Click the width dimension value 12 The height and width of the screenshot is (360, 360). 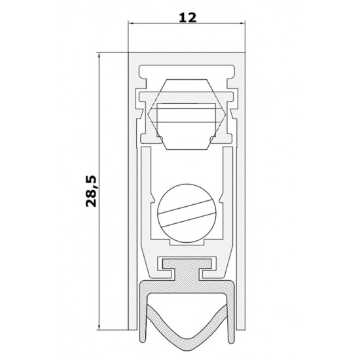pos(188,18)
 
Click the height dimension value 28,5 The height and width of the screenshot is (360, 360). pos(91,191)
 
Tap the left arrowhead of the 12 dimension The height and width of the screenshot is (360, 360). pos(131,23)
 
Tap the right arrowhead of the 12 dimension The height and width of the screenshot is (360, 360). pos(242,23)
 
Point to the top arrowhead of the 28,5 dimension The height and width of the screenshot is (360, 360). pos(99,56)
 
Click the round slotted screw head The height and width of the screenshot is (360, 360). pos(187,213)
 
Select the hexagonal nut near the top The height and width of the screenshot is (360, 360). pos(187,115)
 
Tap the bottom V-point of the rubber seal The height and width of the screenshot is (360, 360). pos(187,350)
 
